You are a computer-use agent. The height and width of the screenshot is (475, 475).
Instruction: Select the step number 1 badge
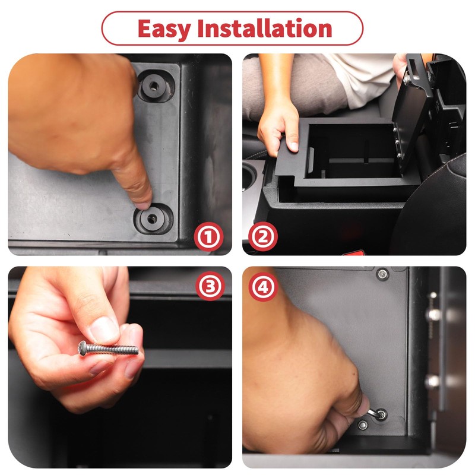[208, 237]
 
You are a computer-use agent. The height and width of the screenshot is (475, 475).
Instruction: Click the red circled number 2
[263, 237]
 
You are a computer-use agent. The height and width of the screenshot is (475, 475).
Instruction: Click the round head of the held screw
[83, 347]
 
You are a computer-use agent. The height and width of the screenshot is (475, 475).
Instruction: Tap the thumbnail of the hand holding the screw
[104, 328]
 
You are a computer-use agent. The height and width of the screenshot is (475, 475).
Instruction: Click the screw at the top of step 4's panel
[382, 273]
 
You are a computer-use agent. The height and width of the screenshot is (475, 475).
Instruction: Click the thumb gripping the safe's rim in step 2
[290, 142]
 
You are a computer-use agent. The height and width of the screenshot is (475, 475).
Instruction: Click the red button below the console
[354, 253]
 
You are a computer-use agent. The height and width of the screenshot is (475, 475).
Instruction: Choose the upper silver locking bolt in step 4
[435, 314]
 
